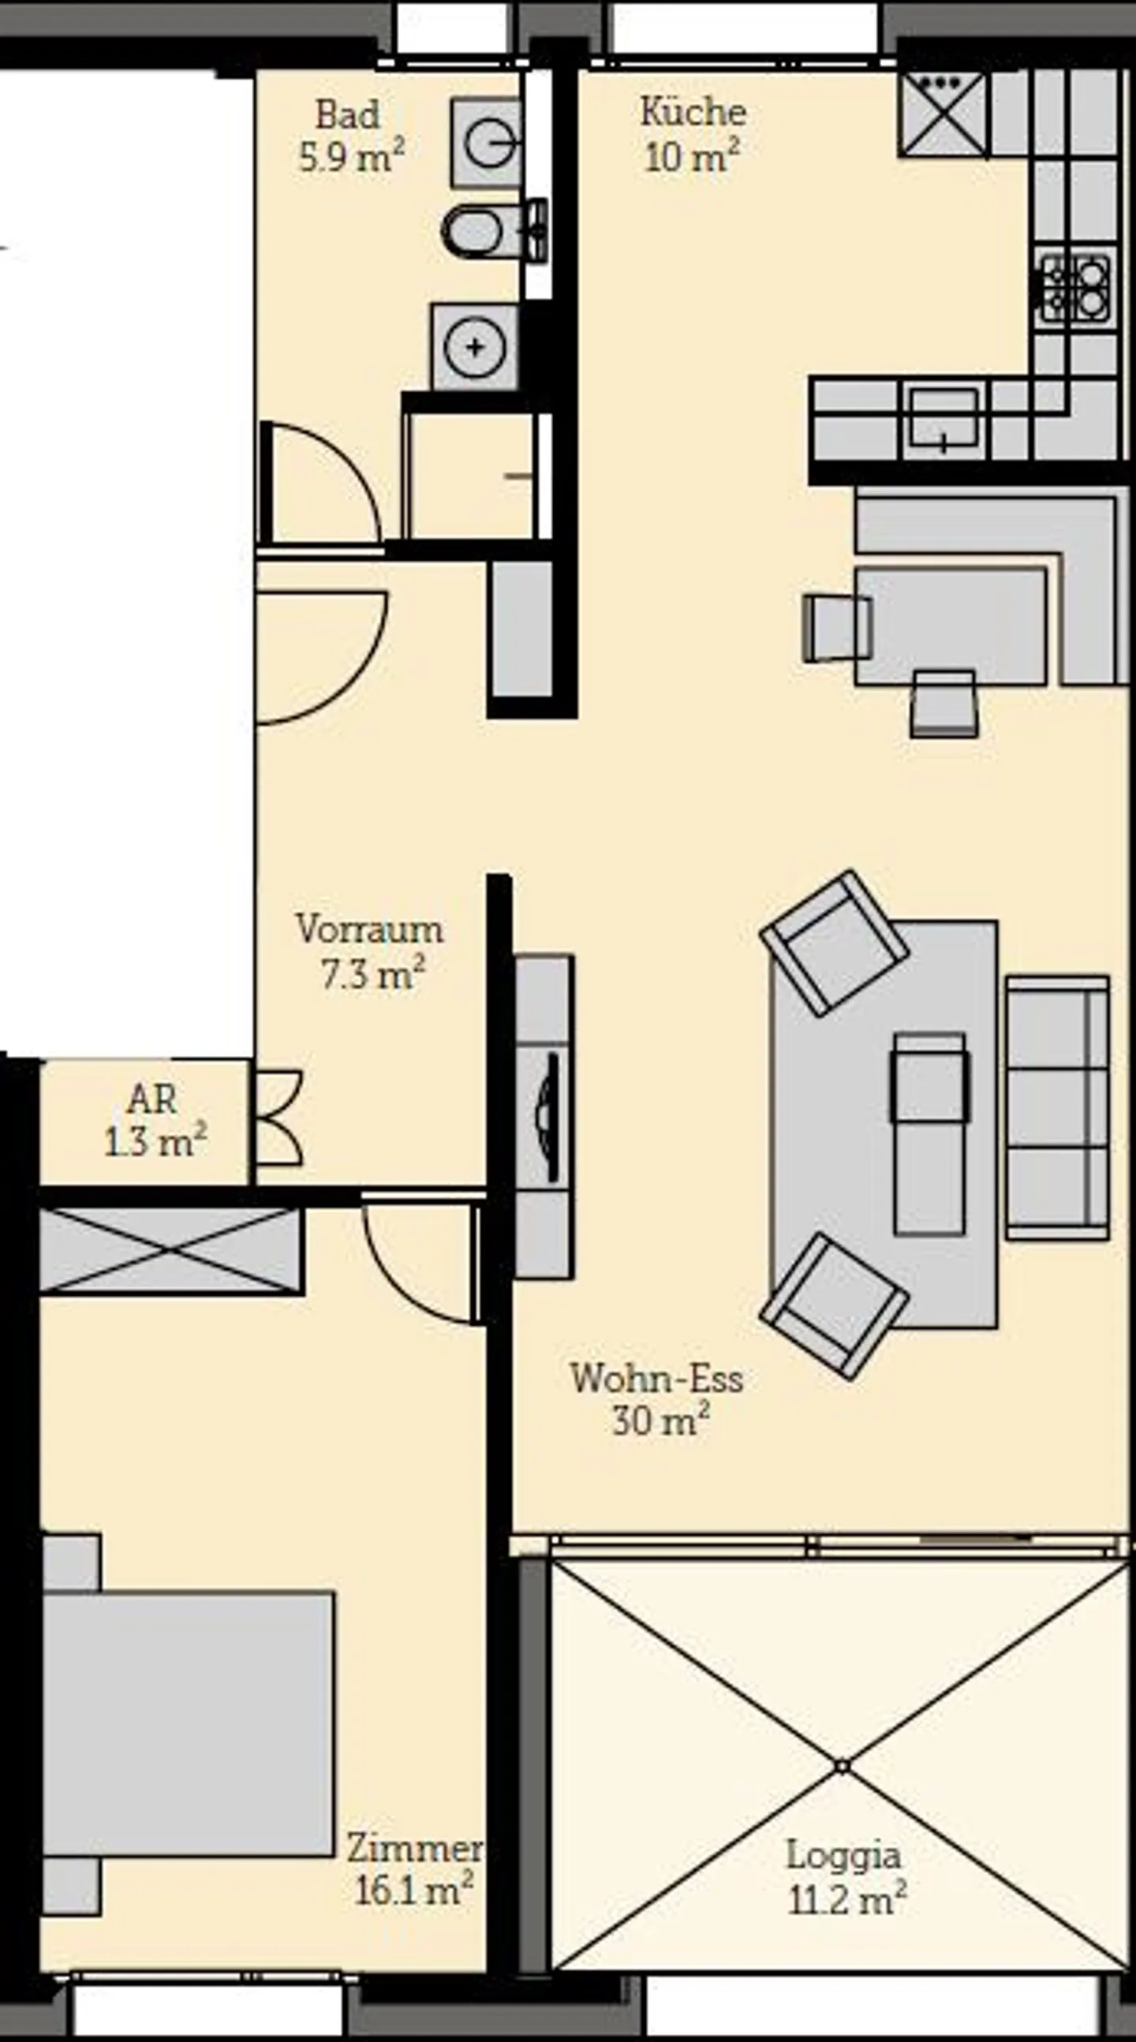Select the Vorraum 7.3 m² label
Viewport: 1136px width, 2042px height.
[x=370, y=951]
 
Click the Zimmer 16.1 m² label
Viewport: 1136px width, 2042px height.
[x=414, y=1871]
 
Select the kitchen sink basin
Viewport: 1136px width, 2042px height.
[x=944, y=418]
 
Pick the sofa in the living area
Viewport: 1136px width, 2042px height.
[x=1058, y=1107]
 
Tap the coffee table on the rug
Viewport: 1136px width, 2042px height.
[x=930, y=1133]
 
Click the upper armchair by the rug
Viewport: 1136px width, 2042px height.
[x=834, y=943]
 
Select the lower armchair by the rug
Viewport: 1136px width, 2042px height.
[x=834, y=1305]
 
